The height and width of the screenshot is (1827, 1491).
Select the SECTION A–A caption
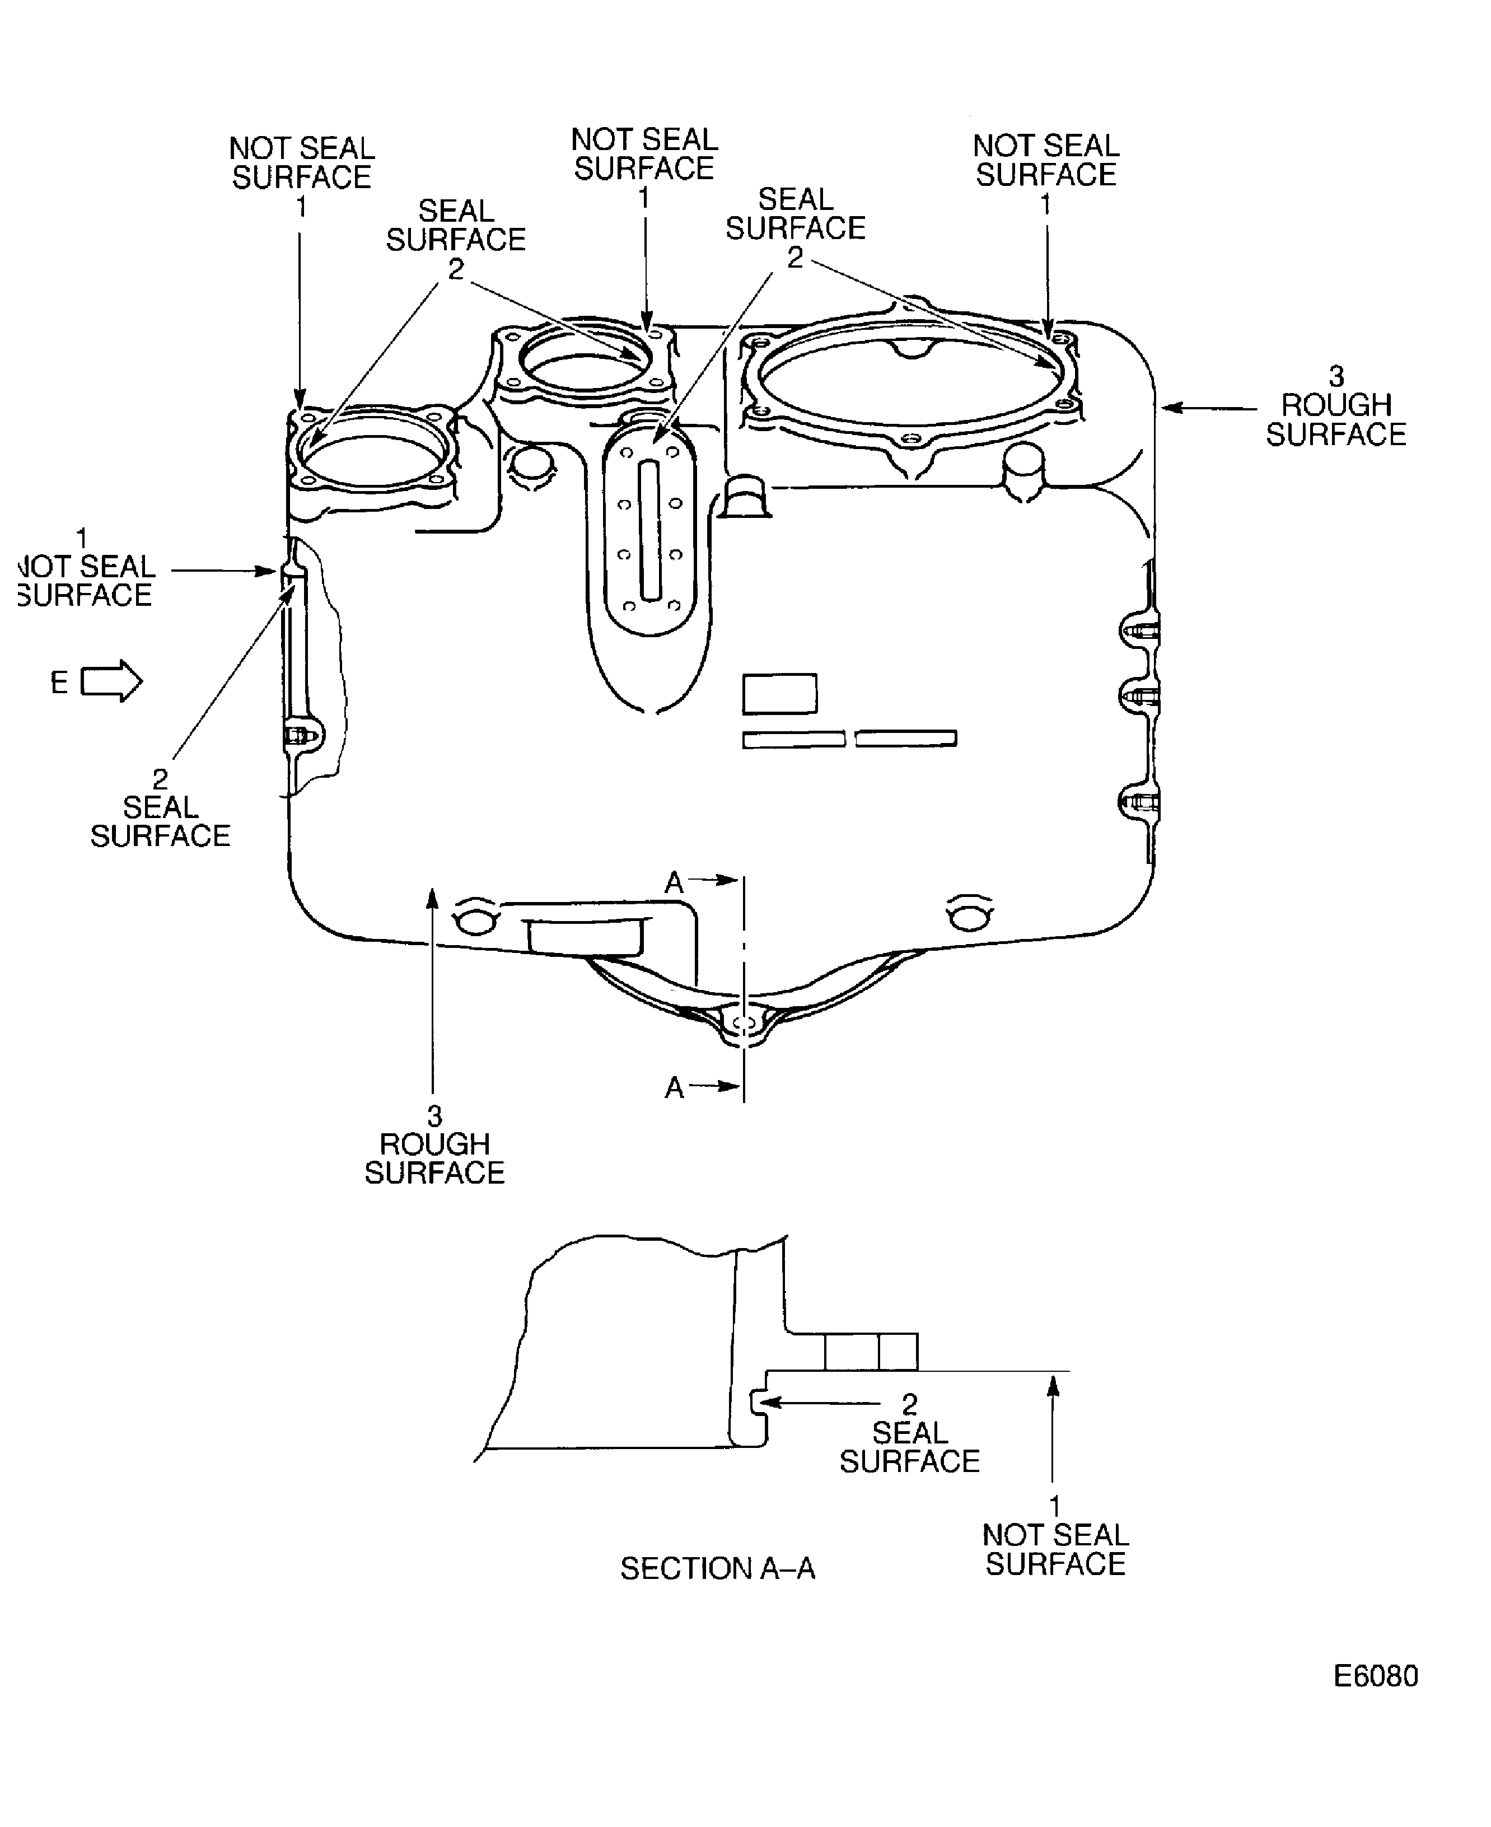717,1568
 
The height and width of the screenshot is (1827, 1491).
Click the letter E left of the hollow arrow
58,683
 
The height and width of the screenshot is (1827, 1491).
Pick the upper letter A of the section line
674,882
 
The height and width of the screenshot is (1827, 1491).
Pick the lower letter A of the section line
674,1088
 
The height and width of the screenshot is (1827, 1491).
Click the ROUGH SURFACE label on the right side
1335,419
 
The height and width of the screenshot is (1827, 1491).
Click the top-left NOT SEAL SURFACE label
301,162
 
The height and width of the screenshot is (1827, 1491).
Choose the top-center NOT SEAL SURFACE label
644,154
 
